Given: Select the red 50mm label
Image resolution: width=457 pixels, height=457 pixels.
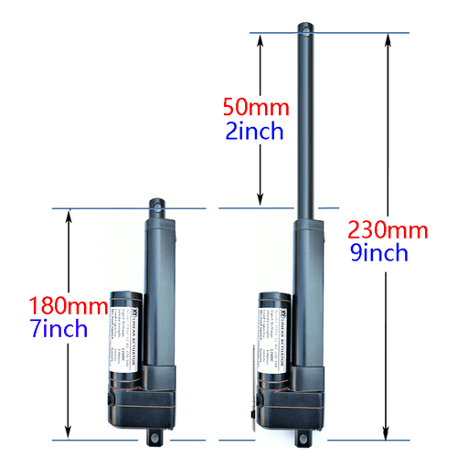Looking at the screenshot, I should (255, 107).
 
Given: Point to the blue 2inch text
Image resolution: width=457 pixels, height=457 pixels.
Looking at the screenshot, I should (255, 131).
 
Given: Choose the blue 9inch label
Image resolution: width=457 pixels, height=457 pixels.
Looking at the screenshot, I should (377, 253).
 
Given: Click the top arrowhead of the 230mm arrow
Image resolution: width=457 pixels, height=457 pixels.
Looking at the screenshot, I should (387, 38).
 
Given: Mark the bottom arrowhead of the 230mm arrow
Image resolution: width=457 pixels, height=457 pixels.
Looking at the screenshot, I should (387, 435).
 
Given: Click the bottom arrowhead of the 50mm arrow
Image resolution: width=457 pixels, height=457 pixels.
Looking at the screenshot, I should (261, 200).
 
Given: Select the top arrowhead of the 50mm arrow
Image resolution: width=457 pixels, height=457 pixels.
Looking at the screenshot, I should (261, 39).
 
